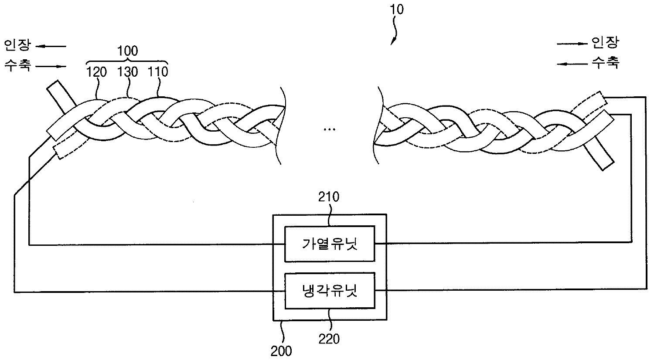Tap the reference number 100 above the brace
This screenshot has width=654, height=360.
point(128,51)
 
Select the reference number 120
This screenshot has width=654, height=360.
point(96,72)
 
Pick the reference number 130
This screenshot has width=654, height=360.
point(128,72)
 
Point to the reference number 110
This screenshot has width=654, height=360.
point(158,72)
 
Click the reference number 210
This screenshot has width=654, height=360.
point(329,197)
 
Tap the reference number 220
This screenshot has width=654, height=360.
point(329,339)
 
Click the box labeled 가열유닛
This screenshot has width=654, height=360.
point(329,244)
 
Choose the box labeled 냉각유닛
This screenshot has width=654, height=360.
point(329,291)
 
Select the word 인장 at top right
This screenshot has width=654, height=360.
point(605,42)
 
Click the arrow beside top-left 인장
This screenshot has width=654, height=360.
point(51,45)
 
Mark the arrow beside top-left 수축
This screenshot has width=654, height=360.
point(51,66)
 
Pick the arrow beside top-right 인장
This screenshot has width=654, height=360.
point(572,43)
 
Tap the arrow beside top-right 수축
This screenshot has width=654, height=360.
point(572,64)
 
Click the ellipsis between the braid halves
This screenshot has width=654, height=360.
point(330,129)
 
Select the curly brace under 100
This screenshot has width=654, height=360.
point(128,61)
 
